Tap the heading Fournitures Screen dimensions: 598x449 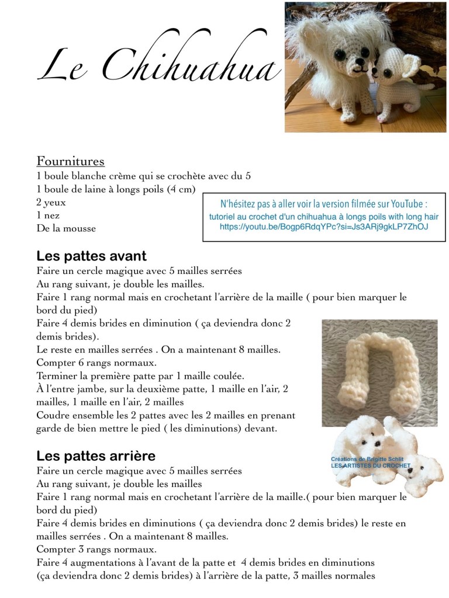tap(71, 161)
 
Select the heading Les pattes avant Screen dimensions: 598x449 tap(91, 256)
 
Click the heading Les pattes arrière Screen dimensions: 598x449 tap(96, 456)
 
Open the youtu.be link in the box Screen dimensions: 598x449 tap(323, 226)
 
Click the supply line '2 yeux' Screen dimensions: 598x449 tap(51, 203)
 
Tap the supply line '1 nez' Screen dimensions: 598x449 tap(47, 215)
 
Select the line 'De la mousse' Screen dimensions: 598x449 tap(66, 228)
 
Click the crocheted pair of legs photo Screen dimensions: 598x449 tap(379, 371)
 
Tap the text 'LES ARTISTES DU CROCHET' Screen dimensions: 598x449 tap(371, 466)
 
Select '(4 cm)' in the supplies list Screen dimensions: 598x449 tap(181, 189)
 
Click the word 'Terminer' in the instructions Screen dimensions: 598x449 tap(57, 375)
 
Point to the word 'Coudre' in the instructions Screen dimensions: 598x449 tap(54, 415)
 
